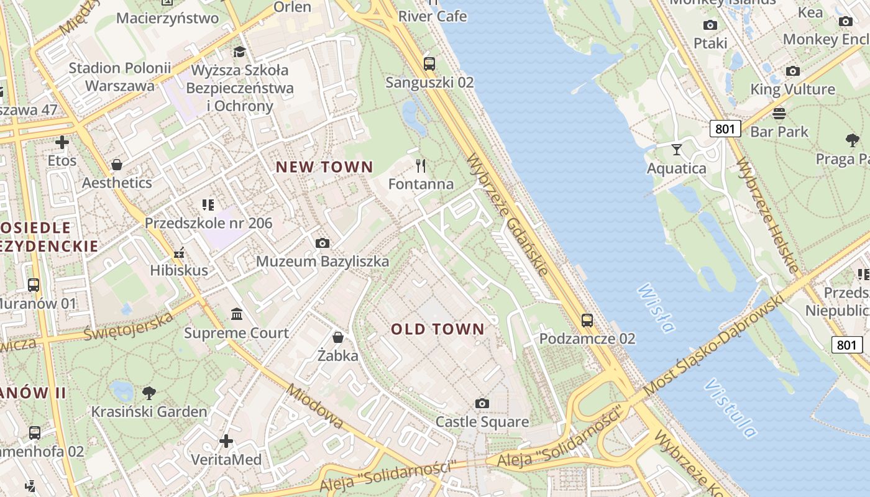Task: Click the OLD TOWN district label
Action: [x=437, y=329]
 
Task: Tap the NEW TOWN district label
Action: [x=324, y=167]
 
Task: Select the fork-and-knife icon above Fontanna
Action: [x=421, y=165]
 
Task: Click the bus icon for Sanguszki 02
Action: [x=429, y=63]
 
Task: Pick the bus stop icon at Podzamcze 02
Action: [x=587, y=321]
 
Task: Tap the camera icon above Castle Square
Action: [x=482, y=404]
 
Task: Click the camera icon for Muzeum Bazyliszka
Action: [x=322, y=243]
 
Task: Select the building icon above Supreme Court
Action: [x=237, y=314]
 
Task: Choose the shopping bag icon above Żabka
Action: [x=338, y=337]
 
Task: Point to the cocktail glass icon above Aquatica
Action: [x=676, y=150]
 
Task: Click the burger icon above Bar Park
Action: [x=779, y=113]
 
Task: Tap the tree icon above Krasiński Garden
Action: [x=149, y=393]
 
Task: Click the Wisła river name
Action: [x=656, y=308]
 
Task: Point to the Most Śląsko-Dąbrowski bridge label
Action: [x=715, y=345]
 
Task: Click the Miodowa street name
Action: [x=316, y=406]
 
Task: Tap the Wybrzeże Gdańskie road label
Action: [x=508, y=214]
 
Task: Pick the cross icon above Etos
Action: [x=62, y=143]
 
